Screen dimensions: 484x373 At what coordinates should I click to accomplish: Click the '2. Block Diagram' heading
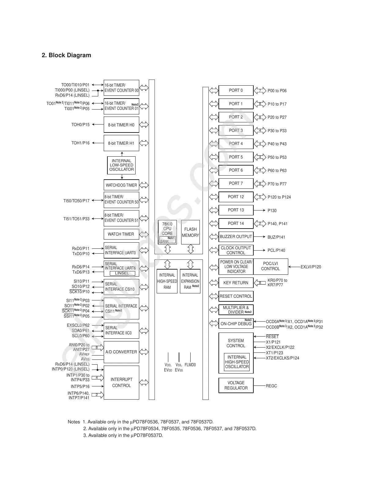(x=66, y=55)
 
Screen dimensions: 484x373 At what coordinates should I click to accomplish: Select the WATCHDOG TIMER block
(x=121, y=185)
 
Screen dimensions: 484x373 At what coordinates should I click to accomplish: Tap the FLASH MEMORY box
(x=190, y=232)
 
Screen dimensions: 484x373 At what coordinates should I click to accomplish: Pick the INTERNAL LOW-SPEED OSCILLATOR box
(x=121, y=165)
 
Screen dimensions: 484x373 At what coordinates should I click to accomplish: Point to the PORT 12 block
(x=236, y=197)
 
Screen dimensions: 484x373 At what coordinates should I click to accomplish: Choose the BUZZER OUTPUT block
(x=236, y=236)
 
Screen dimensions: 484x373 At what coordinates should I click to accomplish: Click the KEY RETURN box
(x=236, y=283)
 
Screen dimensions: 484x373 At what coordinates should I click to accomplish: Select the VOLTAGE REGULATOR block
(x=236, y=385)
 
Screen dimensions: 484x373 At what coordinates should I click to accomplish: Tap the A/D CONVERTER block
(x=121, y=352)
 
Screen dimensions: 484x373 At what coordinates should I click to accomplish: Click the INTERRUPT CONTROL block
(x=121, y=382)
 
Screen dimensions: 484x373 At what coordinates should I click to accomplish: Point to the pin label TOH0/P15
(x=80, y=125)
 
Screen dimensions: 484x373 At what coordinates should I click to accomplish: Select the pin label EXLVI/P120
(x=311, y=267)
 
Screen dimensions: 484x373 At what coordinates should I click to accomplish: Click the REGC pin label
(x=271, y=386)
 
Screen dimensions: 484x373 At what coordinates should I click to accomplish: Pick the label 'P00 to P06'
(x=277, y=91)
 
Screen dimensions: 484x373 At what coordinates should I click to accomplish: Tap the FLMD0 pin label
(x=190, y=365)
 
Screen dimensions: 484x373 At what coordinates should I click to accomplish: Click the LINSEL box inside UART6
(x=122, y=273)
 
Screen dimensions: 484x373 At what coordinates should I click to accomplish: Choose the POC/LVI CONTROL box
(x=270, y=266)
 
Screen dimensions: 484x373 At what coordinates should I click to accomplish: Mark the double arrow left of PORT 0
(x=214, y=91)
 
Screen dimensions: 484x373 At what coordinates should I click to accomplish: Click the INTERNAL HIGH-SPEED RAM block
(x=167, y=281)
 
